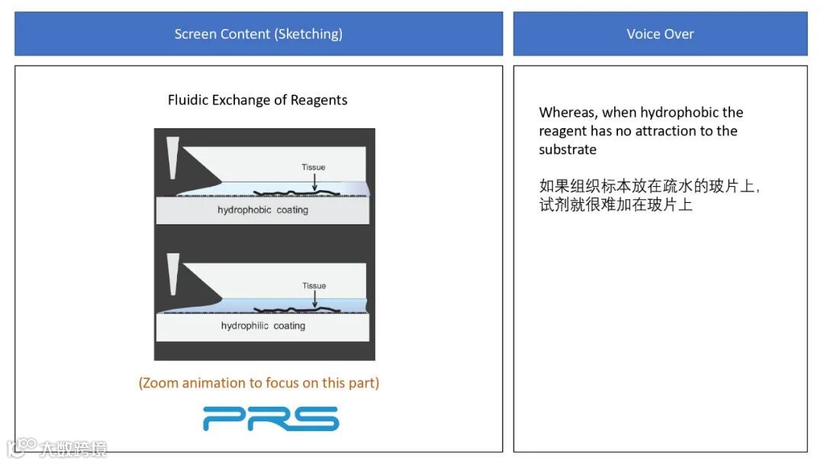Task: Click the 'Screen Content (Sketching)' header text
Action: tap(258, 34)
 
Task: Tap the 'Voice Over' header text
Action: tap(660, 34)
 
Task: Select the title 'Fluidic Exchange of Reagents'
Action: tap(258, 100)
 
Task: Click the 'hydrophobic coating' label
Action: tap(262, 210)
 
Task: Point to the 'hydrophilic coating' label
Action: tap(262, 326)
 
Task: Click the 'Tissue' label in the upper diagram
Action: tap(314, 167)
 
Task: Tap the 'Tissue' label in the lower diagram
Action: tap(314, 285)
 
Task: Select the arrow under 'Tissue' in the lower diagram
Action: tap(314, 299)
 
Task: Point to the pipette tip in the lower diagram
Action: tap(172, 274)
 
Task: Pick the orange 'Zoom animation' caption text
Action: tap(259, 383)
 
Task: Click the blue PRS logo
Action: tap(271, 418)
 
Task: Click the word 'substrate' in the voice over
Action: tap(568, 150)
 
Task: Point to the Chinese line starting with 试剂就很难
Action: tap(616, 205)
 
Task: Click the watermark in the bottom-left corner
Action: tap(57, 447)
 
